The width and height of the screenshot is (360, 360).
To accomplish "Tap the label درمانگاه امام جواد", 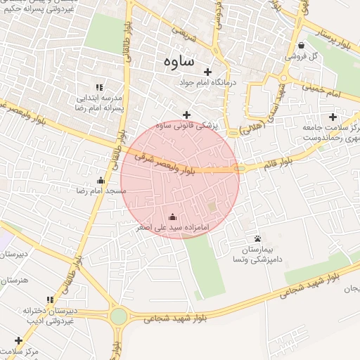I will [207, 82].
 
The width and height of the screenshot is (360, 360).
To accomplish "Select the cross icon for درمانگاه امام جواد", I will [207, 72].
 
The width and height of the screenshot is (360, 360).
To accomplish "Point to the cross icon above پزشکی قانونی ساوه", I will [186, 115].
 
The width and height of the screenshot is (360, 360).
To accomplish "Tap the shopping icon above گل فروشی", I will [301, 46].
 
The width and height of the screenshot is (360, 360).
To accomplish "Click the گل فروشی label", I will [301, 56].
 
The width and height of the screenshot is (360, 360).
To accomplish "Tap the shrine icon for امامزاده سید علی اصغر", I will [173, 217].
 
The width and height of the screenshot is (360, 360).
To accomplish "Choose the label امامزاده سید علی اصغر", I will [173, 227].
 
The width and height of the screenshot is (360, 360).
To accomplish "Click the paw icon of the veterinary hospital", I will [257, 239].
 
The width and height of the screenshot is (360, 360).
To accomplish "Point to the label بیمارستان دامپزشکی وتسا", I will [257, 255].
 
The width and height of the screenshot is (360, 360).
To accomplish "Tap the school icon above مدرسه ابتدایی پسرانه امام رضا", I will [99, 86].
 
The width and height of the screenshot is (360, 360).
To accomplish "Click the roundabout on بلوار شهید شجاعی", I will [119, 316].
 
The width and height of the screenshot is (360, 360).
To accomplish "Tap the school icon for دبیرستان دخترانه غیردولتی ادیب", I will [49, 300].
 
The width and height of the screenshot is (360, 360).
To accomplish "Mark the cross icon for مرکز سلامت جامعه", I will [333, 117].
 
